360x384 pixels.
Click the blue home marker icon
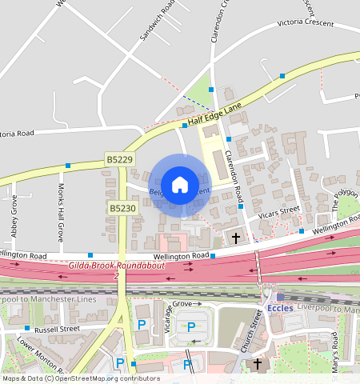tap(180, 185)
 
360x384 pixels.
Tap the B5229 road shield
tap(120, 161)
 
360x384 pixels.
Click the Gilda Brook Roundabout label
tap(109, 265)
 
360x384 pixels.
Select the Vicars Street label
tap(278, 211)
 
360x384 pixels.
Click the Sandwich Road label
tap(157, 20)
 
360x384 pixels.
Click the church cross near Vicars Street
tap(236, 238)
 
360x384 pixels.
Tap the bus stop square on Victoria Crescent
tap(282, 76)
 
